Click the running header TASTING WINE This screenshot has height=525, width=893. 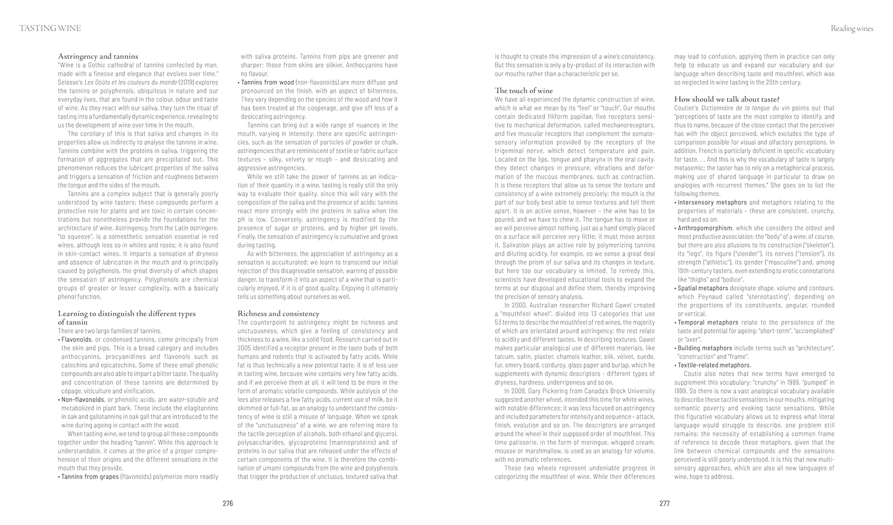pyautogui.click(x=50, y=28)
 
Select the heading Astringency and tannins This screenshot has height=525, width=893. pyautogui.click(x=98, y=56)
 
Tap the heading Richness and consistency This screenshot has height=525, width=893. pyautogui.click(x=278, y=313)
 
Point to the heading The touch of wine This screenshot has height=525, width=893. pyautogui.click(x=523, y=91)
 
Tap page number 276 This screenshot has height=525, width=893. pyautogui.click(x=227, y=504)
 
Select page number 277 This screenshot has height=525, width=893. pyautogui.click(x=665, y=504)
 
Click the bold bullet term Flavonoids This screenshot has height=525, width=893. pyautogui.click(x=76, y=340)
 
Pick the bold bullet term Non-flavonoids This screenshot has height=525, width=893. pyautogui.click(x=82, y=399)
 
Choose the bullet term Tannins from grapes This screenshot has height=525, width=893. pyautogui.click(x=89, y=477)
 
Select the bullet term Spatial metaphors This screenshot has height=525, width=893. pyautogui.click(x=702, y=288)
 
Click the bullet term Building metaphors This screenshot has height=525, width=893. pyautogui.click(x=705, y=348)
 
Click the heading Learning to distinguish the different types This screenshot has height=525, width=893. pyautogui.click(x=126, y=313)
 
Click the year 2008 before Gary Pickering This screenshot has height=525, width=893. pyautogui.click(x=519, y=391)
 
